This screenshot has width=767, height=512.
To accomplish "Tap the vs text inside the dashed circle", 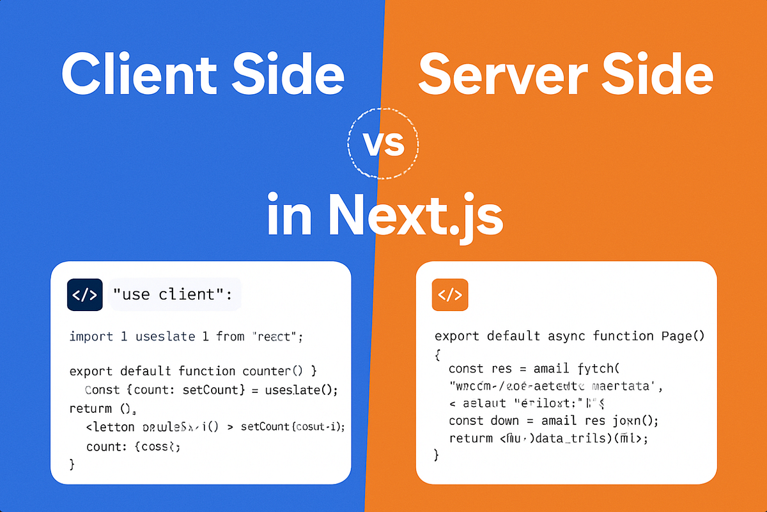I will (384, 143).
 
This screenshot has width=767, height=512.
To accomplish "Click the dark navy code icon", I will (85, 295).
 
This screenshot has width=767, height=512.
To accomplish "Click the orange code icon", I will (450, 295).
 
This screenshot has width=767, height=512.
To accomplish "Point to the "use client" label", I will (173, 295).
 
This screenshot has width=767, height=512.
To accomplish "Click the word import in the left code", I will (91, 337).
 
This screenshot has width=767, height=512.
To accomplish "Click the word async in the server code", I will (567, 337).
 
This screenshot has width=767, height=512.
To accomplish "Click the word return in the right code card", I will (470, 439).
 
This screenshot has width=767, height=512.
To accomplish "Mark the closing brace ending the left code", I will (72, 463).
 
